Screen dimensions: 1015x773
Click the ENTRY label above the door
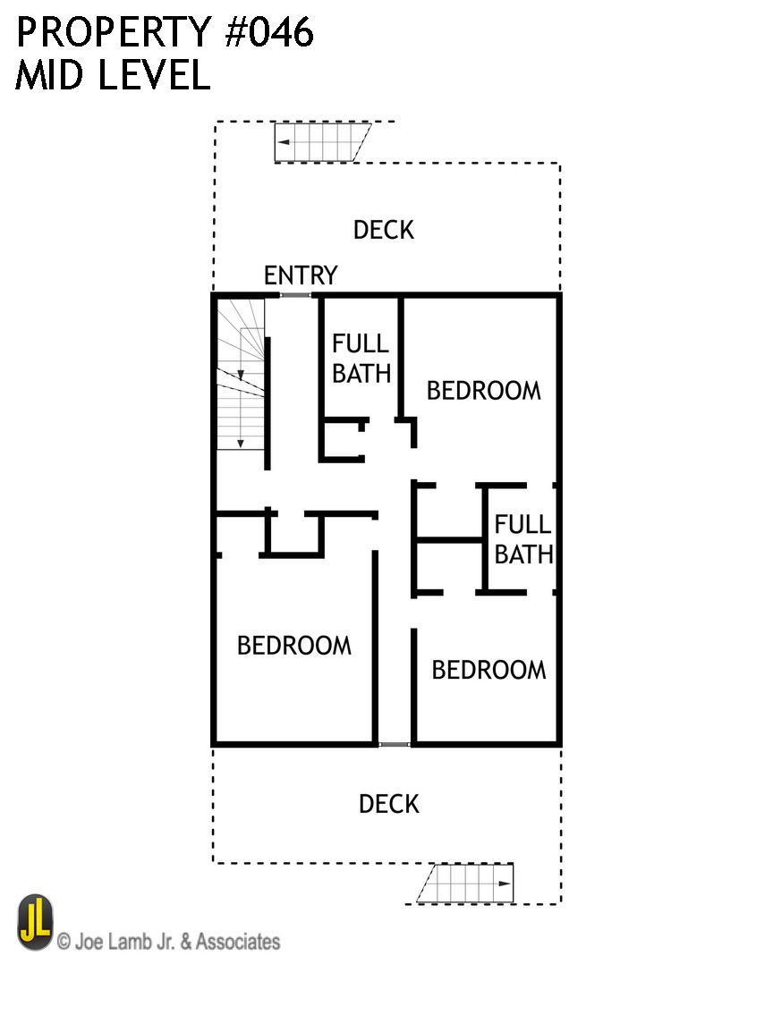click(x=301, y=275)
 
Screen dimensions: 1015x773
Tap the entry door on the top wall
click(x=295, y=295)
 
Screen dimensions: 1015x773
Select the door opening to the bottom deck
click(x=393, y=744)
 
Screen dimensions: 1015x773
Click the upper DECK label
click(x=384, y=230)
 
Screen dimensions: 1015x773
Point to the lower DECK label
click(x=389, y=804)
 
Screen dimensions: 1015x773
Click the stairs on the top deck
click(x=322, y=142)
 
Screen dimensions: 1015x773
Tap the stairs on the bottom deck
click(x=465, y=884)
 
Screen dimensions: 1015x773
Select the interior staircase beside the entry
click(x=241, y=376)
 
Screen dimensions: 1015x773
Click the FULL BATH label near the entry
click(x=361, y=358)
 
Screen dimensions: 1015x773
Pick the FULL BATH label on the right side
click(x=523, y=539)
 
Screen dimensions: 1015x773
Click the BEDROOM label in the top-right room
click(x=483, y=391)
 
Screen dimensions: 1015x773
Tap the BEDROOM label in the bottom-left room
click(x=293, y=646)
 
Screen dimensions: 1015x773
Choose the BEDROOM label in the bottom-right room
click(x=488, y=670)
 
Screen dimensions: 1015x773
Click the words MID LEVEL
click(x=113, y=76)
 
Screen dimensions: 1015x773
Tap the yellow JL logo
click(x=36, y=923)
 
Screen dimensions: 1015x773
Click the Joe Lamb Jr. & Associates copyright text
click(x=168, y=942)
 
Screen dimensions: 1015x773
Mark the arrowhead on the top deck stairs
click(x=283, y=142)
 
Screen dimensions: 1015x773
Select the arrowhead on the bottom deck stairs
click(x=505, y=884)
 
